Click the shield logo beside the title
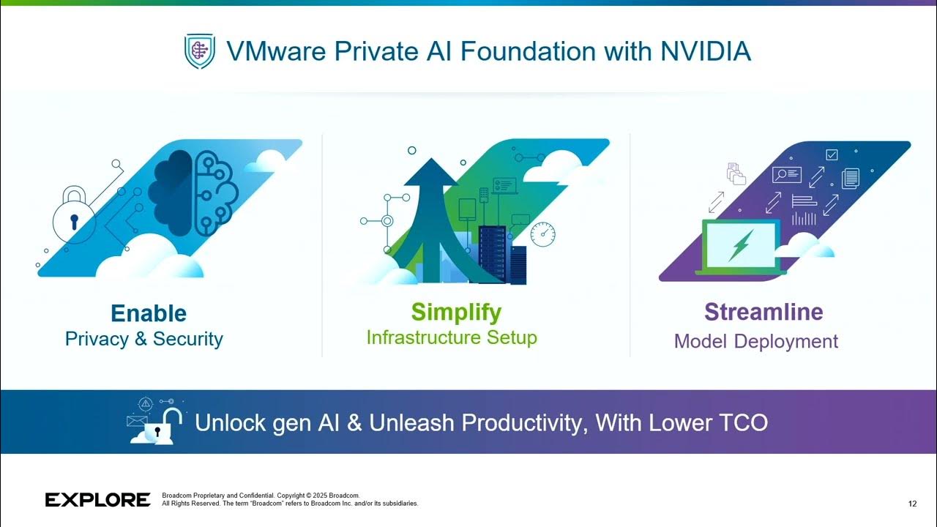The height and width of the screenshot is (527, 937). coord(199,51)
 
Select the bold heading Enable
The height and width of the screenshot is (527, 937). coord(149,313)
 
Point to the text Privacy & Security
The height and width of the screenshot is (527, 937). coord(144,339)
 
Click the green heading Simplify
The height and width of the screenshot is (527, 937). coord(456,312)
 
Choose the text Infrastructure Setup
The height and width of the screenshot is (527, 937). coord(452,337)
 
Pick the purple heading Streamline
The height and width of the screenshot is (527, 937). coord(764,312)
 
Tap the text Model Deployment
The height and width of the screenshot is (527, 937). coord(756,341)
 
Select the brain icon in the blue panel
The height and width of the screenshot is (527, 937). coord(193,186)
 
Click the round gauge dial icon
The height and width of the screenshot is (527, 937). coord(542,234)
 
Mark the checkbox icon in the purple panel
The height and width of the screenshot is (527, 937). coord(832,154)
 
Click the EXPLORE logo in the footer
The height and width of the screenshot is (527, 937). coord(98,500)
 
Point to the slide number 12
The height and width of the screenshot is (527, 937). coord(912,504)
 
